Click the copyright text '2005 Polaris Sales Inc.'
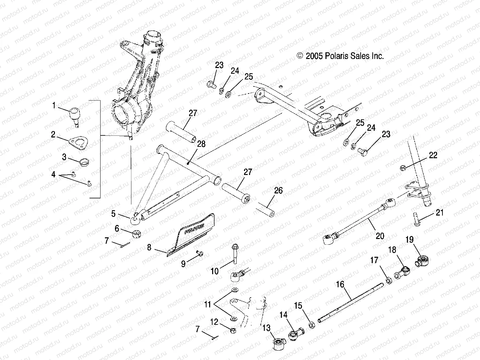pyautogui.click(x=340, y=56)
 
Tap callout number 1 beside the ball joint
pyautogui.click(x=54, y=106)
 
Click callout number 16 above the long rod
pyautogui.click(x=340, y=285)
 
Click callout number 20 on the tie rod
pyautogui.click(x=379, y=236)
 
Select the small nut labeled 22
pyautogui.click(x=403, y=168)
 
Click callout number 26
pyautogui.click(x=278, y=191)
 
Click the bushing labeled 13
pyautogui.click(x=278, y=344)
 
